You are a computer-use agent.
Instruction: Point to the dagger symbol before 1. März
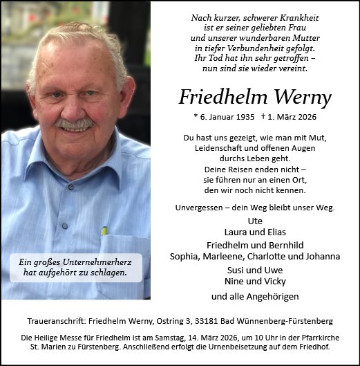click(x=264, y=116)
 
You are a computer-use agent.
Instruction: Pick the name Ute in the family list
click(x=254, y=221)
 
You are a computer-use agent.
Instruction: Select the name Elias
click(x=274, y=231)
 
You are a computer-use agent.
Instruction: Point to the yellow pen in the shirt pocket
click(x=104, y=230)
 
